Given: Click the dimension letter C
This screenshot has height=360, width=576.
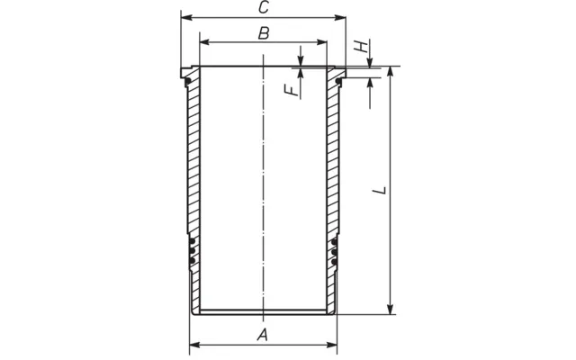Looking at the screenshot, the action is pyautogui.click(x=264, y=7).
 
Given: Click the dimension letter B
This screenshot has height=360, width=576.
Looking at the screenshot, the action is pyautogui.click(x=264, y=33).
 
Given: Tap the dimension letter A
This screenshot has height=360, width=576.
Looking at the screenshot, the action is pyautogui.click(x=262, y=335).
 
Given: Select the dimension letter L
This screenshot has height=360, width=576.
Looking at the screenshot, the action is pyautogui.click(x=379, y=191).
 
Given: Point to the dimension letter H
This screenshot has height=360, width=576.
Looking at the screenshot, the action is pyautogui.click(x=361, y=47).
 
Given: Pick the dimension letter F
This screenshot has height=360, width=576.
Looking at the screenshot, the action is pyautogui.click(x=292, y=90).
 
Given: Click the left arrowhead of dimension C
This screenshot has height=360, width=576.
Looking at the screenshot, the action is pyautogui.click(x=186, y=17).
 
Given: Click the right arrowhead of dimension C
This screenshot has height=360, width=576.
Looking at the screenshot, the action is pyautogui.click(x=340, y=18).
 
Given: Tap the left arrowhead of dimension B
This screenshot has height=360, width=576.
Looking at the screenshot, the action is pyautogui.click(x=205, y=42).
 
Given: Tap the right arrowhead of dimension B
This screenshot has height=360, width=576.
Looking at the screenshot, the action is pyautogui.click(x=321, y=42).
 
